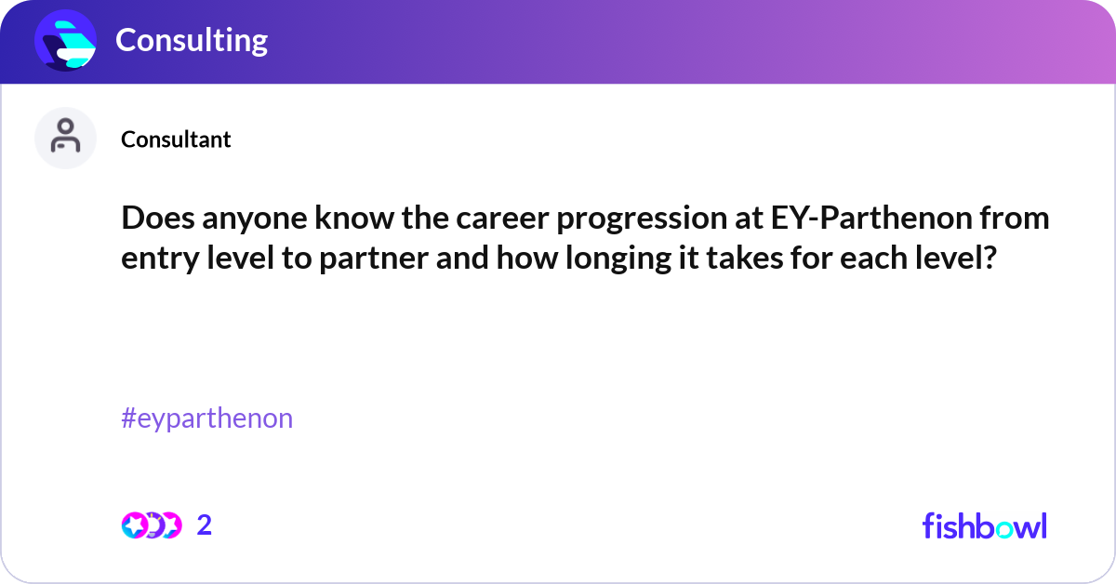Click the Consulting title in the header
pos(192,40)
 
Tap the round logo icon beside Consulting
pos(66,40)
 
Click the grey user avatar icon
pos(66,139)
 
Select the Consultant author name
pos(176,139)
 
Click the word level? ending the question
pos(959,258)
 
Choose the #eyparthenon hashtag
pos(206,418)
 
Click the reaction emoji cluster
pos(151,525)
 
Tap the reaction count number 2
pos(205,525)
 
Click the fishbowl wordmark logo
pos(984,525)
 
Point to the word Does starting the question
pos(154,219)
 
